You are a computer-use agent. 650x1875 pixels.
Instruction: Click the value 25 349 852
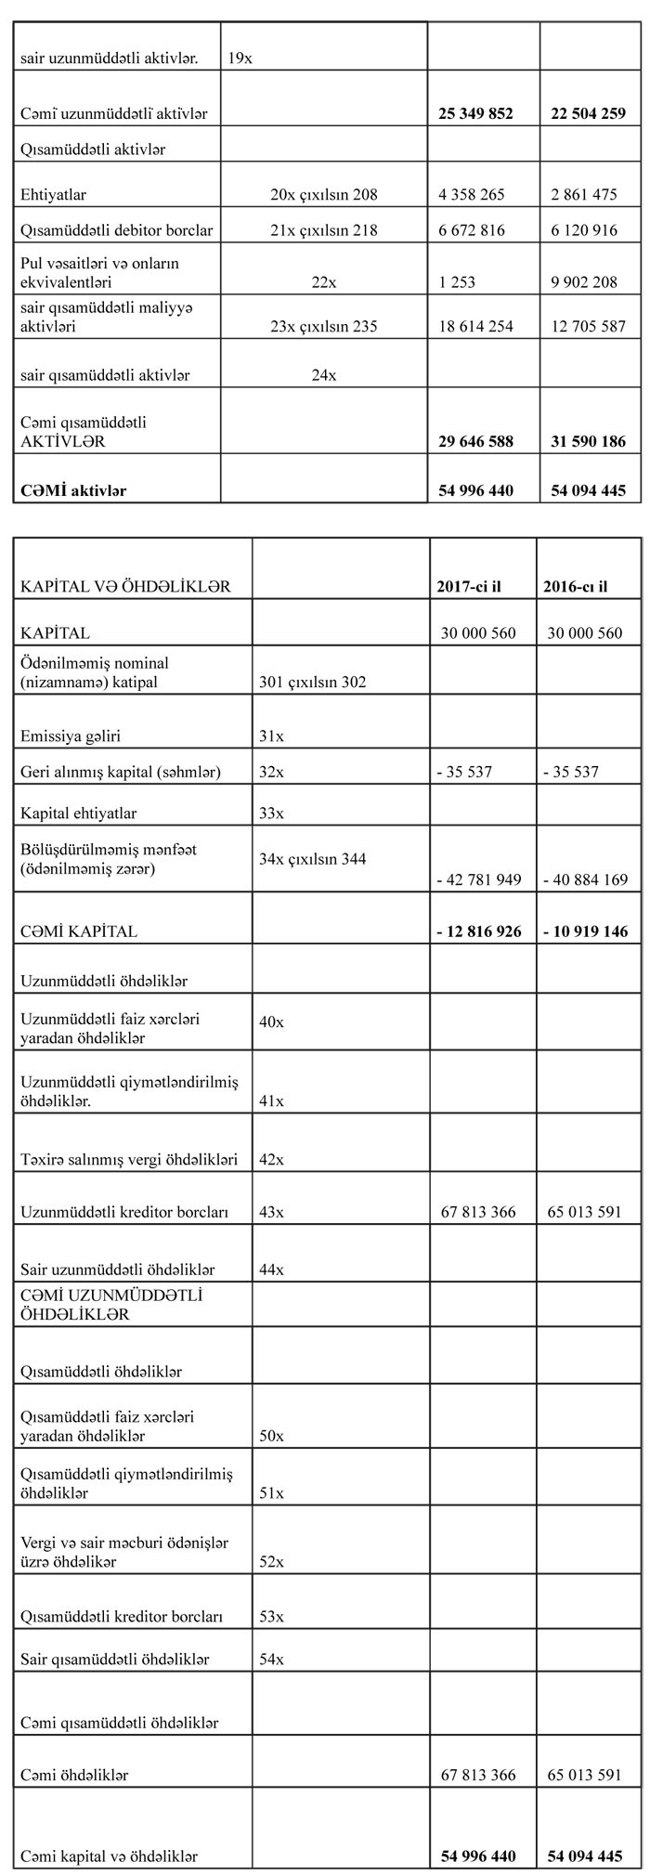[x=475, y=113]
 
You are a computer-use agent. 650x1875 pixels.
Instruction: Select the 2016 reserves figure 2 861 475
[x=584, y=195]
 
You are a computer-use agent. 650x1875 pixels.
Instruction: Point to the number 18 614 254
[x=475, y=326]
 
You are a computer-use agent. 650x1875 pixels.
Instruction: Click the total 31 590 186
[x=588, y=441]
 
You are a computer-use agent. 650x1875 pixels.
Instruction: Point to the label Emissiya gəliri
[x=71, y=736]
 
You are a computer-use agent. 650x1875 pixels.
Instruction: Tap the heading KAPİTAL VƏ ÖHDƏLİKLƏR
[x=125, y=587]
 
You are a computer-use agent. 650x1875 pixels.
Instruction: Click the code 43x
[x=272, y=1212]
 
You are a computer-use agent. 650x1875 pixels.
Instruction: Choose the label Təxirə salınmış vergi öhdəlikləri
[x=129, y=1159]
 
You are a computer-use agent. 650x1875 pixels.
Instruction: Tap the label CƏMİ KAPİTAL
[x=79, y=931]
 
